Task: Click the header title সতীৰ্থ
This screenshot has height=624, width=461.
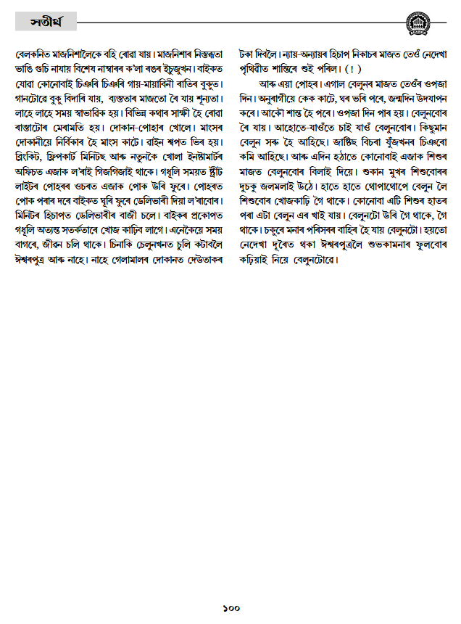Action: click(x=46, y=22)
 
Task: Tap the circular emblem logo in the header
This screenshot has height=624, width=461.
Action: click(x=420, y=23)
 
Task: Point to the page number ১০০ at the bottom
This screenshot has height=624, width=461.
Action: click(x=230, y=608)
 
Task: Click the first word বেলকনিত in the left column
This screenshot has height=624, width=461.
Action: click(x=34, y=54)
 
